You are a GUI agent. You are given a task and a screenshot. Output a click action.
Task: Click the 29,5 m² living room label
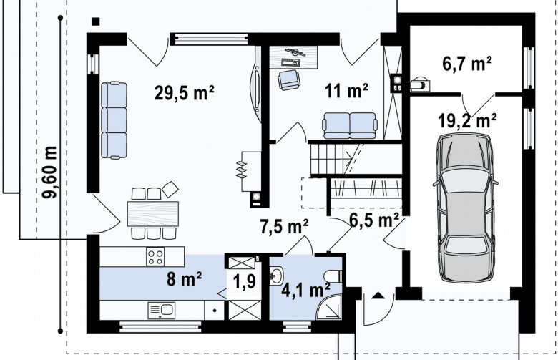pos(185,93)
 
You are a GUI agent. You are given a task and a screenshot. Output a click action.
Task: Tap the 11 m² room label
pos(346,90)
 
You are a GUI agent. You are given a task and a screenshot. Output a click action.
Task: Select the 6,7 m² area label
pos(467,64)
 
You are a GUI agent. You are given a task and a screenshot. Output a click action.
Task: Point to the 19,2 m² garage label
pos(467,121)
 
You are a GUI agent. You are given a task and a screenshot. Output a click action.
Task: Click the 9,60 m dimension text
pos(49,172)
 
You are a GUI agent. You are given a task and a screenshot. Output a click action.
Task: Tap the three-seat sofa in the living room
pos(114,120)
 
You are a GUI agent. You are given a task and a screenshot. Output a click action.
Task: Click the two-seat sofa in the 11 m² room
pos(349,125)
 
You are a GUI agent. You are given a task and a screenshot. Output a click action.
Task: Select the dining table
pos(153,214)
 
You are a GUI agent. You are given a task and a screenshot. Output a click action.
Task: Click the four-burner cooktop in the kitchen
pos(155,257)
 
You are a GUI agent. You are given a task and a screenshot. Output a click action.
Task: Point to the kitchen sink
pos(162,311)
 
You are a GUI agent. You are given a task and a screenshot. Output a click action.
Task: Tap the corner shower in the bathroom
pos(329,307)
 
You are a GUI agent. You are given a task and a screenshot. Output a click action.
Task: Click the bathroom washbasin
pos(276,276)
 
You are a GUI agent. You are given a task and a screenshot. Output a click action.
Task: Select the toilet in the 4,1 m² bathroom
pos(333,276)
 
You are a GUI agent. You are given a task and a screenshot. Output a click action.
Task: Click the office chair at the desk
pos(289,79)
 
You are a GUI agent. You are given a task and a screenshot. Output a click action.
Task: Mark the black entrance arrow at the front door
pos(378,295)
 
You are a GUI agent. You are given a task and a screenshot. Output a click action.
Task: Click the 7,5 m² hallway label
pos(284,226)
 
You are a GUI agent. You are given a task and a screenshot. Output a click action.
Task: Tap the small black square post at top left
pos(95,21)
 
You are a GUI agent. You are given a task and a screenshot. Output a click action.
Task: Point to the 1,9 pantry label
pos(244,282)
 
